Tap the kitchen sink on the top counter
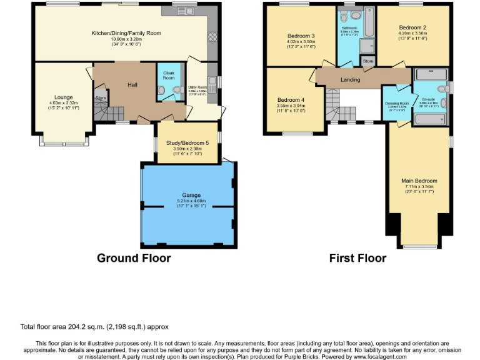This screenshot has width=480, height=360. coord(187,11)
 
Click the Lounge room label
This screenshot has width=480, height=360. coord(63,97)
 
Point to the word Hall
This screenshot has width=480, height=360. coord(132,84)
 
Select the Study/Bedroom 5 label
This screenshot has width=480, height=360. coord(187,142)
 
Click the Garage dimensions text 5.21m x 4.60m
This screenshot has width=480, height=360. coord(187,201)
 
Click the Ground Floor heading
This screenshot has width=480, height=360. coord(134,258)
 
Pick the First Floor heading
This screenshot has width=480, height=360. coord(357,258)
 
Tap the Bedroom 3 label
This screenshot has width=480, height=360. coord(301,36)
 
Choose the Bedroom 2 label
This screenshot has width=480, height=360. coord(412,28)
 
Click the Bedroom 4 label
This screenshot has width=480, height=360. coord(291,100)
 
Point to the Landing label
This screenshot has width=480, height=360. coord(350,79)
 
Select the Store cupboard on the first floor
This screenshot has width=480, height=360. coord(367,61)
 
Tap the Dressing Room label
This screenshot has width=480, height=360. coord(397,103)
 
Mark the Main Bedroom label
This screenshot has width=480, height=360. coord(419,181)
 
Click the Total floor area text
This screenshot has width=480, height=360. coord(94,326)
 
